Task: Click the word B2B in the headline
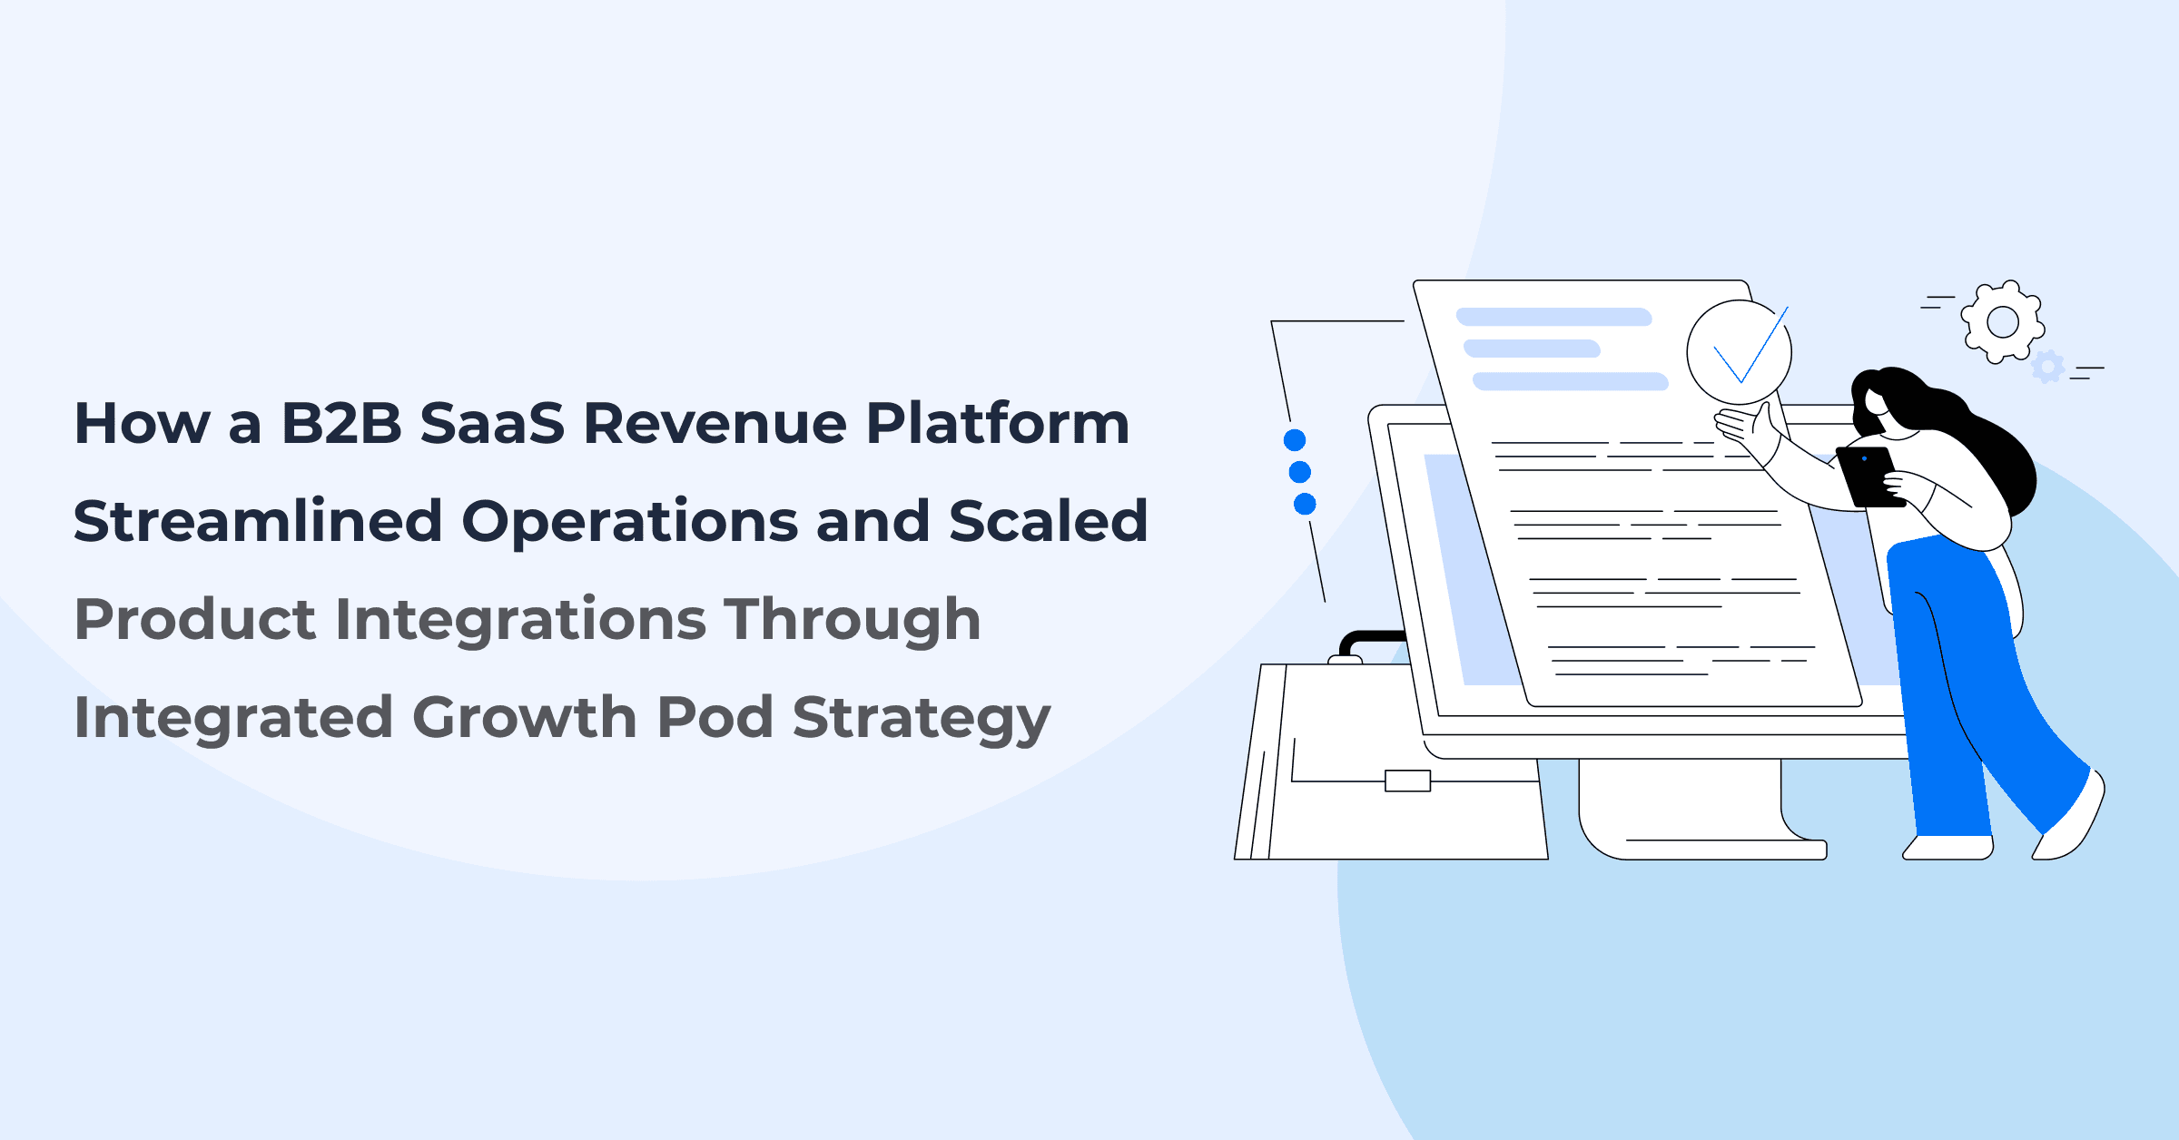341,424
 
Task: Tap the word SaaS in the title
492,424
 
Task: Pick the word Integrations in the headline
520,621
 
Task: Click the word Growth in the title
524,718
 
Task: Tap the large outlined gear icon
2002,322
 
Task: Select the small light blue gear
2047,367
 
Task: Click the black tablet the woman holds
1868,477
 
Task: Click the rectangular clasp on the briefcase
1407,781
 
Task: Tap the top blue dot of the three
1295,440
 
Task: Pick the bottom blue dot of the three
1305,504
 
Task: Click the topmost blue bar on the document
1553,317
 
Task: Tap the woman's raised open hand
1748,427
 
